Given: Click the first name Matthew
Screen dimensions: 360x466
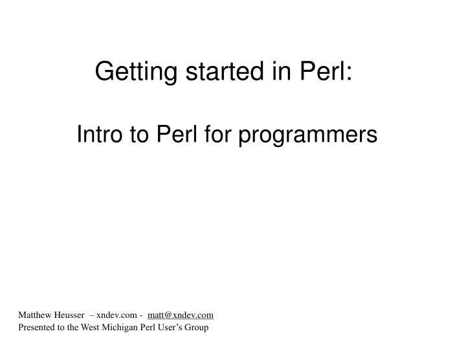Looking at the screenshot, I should click(x=36, y=315).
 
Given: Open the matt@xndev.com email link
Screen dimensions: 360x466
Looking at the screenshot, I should click(x=181, y=315).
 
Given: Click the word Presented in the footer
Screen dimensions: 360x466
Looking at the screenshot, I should click(x=36, y=328).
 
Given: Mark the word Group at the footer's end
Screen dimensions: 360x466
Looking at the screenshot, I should click(x=199, y=328).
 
